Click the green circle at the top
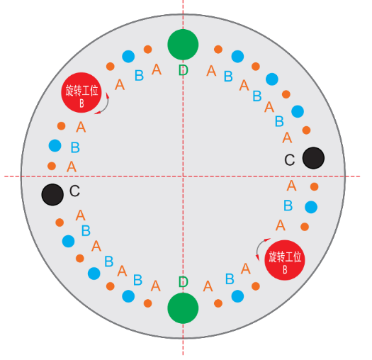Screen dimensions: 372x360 tap(183, 45)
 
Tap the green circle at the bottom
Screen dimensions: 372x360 tap(183, 308)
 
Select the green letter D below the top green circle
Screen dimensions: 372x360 tap(183, 70)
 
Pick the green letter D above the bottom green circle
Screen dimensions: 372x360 tap(183, 281)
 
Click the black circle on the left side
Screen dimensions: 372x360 tap(52, 194)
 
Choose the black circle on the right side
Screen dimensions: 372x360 tap(313, 158)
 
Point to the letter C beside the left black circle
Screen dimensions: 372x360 tap(74, 191)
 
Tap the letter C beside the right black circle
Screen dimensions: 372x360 tap(290, 159)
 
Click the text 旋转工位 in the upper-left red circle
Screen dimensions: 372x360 tap(81, 91)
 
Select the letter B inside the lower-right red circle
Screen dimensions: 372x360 tap(285, 269)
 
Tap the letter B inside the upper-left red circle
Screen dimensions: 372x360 tap(81, 103)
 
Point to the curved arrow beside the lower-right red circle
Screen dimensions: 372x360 tap(259, 246)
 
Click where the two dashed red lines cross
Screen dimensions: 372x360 tap(183, 176)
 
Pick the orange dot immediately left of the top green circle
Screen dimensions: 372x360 tap(148, 50)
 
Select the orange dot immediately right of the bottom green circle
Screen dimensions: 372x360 tap(218, 303)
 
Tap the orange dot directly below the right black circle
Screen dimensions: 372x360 tap(315, 186)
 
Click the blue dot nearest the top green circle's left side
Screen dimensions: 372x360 tap(128, 57)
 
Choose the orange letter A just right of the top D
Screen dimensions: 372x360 tap(211, 71)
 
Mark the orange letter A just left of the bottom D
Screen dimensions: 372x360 tap(156, 286)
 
